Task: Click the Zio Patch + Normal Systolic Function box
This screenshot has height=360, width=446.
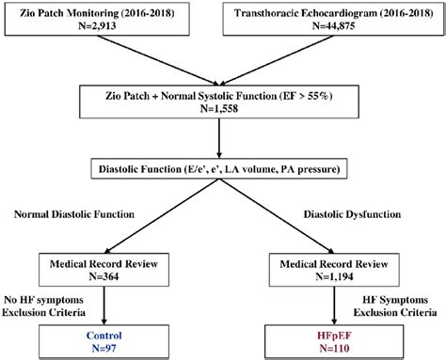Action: point(222,103)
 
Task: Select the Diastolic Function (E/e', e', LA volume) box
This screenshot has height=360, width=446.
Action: point(222,170)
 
